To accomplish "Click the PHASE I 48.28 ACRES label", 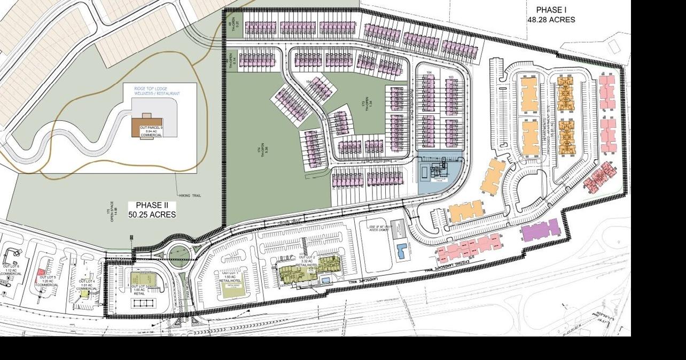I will coord(551,15).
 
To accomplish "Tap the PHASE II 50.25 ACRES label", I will coord(152,209).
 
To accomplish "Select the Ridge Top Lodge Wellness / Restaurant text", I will coord(157,90).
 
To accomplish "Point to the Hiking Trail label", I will coord(190,196).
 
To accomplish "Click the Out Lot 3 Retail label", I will coord(139,289).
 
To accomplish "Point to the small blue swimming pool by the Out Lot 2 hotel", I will coord(325,279).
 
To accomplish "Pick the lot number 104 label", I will coord(428,72).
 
